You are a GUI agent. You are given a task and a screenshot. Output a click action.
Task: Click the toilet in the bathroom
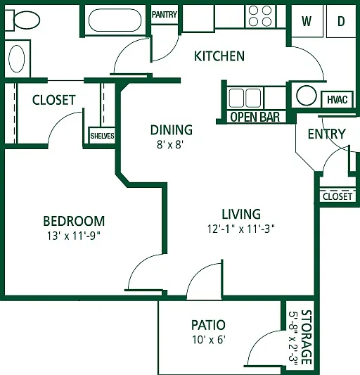pyautogui.click(x=22, y=20)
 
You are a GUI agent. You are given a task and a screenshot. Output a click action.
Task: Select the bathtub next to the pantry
pyautogui.click(x=115, y=20)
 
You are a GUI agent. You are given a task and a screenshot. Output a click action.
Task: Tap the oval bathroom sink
pyautogui.click(x=16, y=58)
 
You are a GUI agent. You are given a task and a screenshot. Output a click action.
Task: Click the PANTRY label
pyautogui.click(x=165, y=15)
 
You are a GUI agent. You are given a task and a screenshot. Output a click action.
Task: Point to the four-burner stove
pyautogui.click(x=260, y=16)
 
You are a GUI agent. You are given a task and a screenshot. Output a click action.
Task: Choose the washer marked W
pyautogui.click(x=307, y=21)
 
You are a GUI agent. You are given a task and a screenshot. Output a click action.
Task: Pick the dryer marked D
pyautogui.click(x=341, y=21)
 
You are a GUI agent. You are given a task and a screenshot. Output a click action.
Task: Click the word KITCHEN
pyautogui.click(x=219, y=56)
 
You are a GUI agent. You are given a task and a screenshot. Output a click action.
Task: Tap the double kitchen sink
pyautogui.click(x=245, y=98)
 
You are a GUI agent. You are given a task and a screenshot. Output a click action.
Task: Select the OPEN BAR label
pyautogui.click(x=255, y=117)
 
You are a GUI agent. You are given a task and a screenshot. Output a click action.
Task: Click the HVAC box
pyautogui.click(x=337, y=99)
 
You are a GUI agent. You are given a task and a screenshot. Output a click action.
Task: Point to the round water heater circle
pyautogui.click(x=307, y=96)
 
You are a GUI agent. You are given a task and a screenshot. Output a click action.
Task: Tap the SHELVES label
pyautogui.click(x=102, y=136)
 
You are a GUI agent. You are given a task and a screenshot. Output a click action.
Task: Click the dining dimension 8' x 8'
pyautogui.click(x=170, y=144)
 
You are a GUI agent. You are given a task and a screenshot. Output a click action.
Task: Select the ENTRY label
pyautogui.click(x=327, y=134)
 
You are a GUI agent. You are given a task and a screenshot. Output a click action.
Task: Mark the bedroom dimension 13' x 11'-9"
pyautogui.click(x=74, y=236)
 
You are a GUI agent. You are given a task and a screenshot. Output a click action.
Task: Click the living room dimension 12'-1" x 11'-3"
pyautogui.click(x=241, y=229)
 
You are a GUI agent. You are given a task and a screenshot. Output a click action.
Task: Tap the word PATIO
pyautogui.click(x=208, y=325)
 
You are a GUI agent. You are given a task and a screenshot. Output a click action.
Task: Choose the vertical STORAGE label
pyautogui.click(x=307, y=337)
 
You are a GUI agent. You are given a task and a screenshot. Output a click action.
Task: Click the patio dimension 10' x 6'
pyautogui.click(x=209, y=340)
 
